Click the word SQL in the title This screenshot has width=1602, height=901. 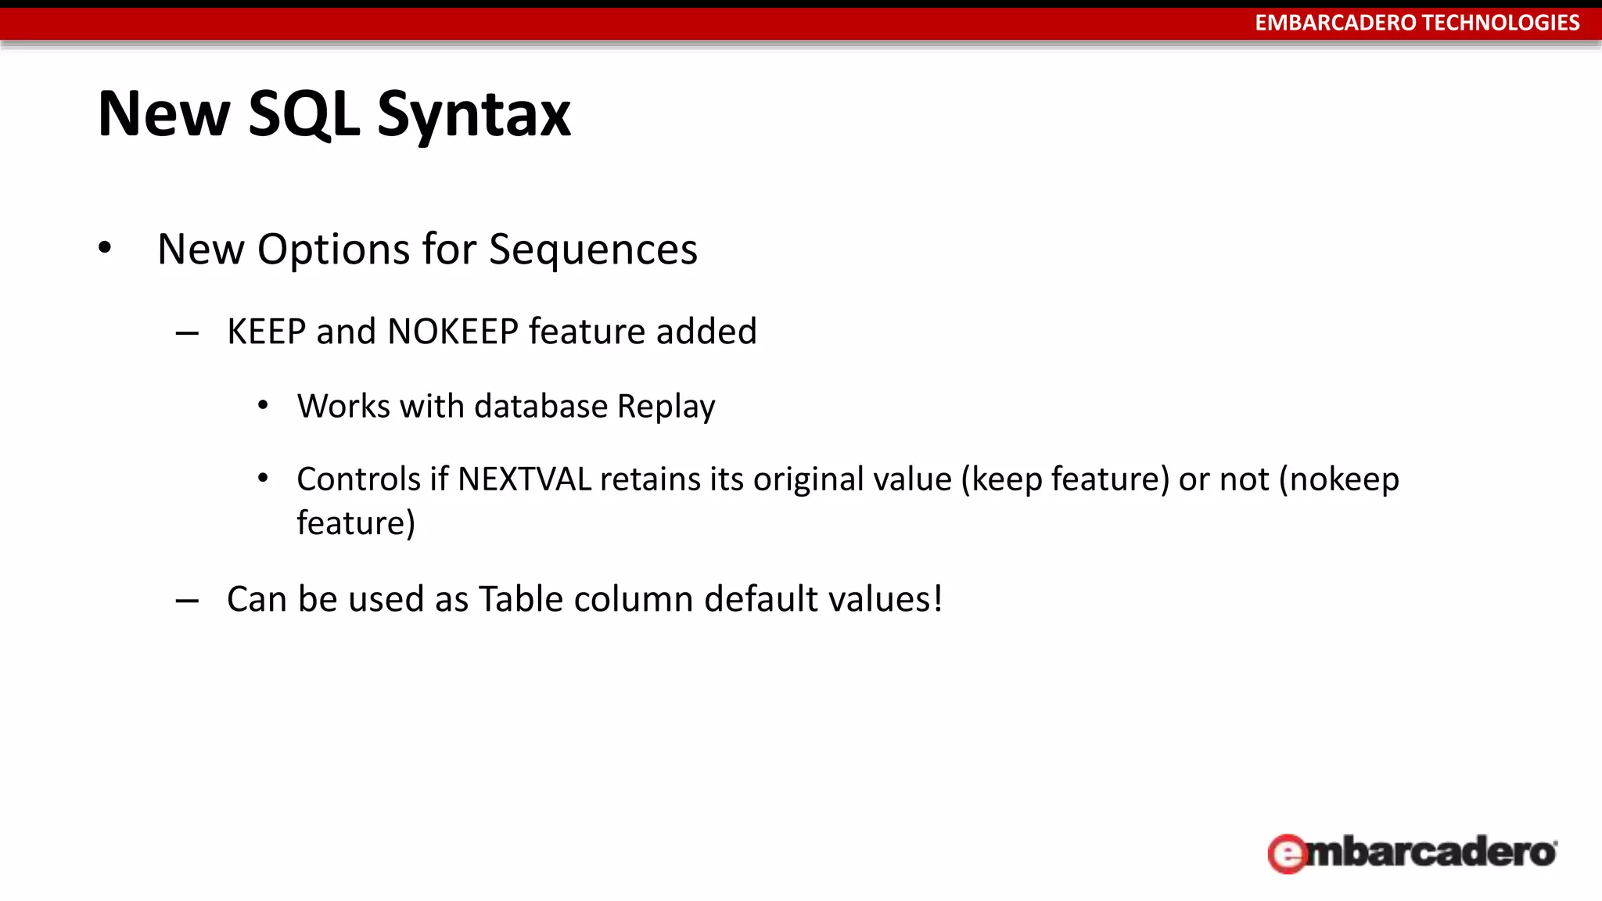tap(304, 115)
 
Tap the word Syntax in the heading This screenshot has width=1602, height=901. tap(474, 115)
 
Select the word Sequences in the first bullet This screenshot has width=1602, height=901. tap(593, 249)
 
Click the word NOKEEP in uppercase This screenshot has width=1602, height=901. tap(453, 332)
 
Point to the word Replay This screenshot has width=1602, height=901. tap(666, 407)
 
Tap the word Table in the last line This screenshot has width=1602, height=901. tap(521, 599)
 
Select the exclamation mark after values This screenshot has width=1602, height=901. tap(937, 599)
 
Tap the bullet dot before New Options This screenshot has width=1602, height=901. tap(105, 249)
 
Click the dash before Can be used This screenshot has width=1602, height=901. tap(187, 601)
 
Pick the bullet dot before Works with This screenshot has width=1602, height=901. tap(263, 405)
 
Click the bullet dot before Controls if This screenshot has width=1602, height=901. tap(263, 478)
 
